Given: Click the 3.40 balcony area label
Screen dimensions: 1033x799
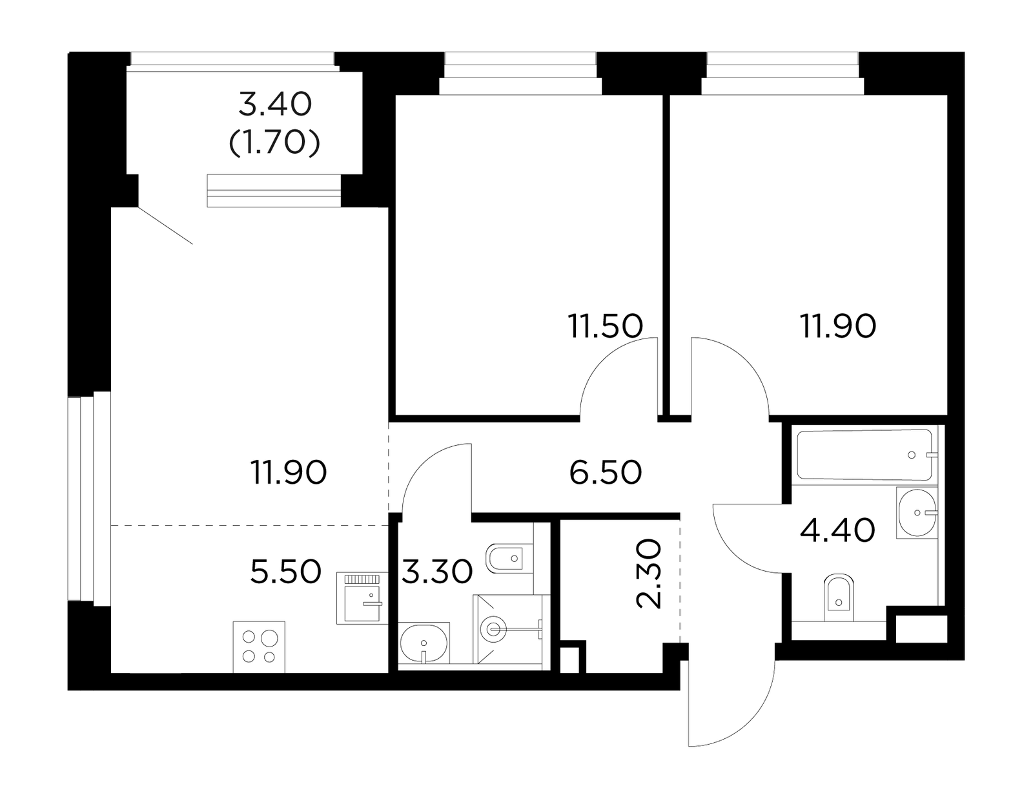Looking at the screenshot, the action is [x=275, y=105].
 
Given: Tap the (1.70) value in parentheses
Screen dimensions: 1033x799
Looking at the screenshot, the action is [x=274, y=142].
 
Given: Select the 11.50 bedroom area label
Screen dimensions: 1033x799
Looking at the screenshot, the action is [x=605, y=326].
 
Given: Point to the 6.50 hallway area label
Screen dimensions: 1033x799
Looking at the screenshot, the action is [x=605, y=473].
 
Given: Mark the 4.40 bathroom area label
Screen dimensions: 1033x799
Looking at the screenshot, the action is [x=837, y=530].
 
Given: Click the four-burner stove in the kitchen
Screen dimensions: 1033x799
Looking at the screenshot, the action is [x=259, y=647].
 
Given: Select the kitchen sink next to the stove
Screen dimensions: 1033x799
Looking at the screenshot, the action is [x=362, y=598].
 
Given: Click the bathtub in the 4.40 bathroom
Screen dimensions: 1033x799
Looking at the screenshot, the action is [x=864, y=455].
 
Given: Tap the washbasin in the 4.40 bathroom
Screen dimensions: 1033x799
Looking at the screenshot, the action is [x=917, y=513].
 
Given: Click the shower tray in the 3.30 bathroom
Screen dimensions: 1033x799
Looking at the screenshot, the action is [x=508, y=628].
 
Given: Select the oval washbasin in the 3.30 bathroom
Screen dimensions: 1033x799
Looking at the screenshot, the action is [x=424, y=643].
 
